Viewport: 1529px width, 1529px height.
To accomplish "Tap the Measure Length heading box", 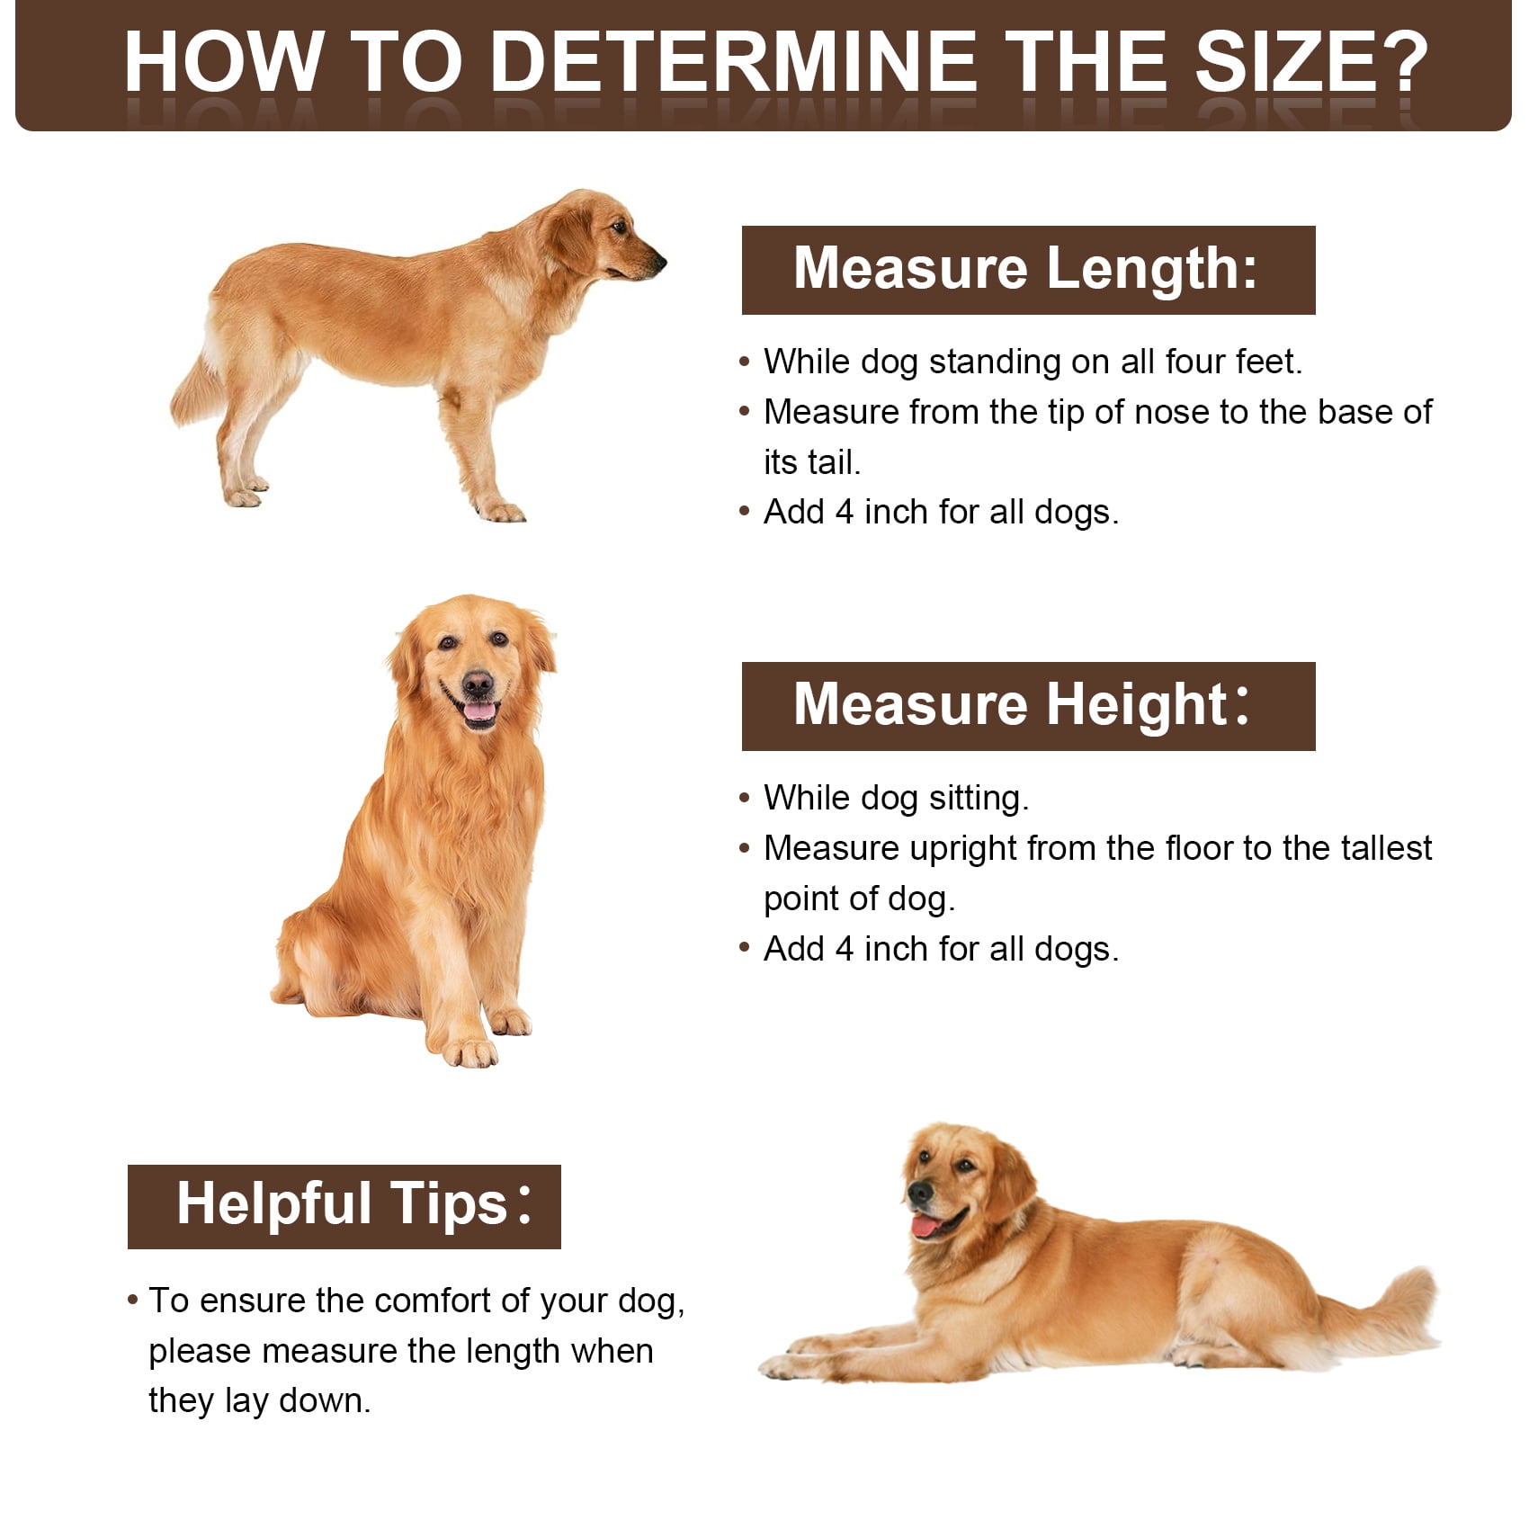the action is pos(1028,270).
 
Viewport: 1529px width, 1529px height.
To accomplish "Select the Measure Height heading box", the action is pos(1028,706).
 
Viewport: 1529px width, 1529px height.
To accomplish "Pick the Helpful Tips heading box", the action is pos(344,1206).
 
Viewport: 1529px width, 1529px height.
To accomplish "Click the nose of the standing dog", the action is pos(659,262).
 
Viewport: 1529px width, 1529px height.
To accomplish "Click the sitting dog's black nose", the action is pos(478,684).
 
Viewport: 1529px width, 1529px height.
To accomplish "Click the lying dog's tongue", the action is pos(925,1226).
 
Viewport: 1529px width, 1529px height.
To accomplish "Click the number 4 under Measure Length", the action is pos(845,512).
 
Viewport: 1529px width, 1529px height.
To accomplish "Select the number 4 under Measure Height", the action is pos(845,949).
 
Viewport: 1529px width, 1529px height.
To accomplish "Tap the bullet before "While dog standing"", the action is pos(744,362).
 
